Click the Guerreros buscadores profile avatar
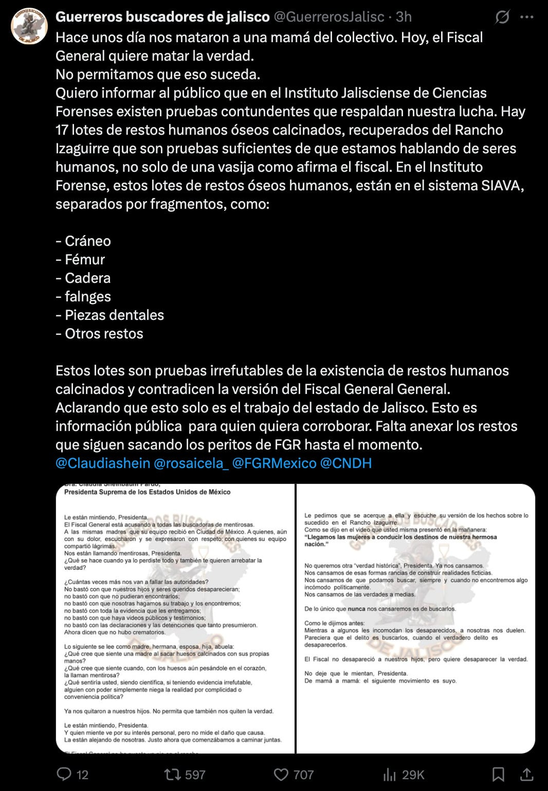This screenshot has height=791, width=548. pyautogui.click(x=29, y=26)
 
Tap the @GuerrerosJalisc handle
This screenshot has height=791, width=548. pyautogui.click(x=329, y=17)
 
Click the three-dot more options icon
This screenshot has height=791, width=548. pyautogui.click(x=527, y=17)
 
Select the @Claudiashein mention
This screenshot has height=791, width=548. pyautogui.click(x=103, y=463)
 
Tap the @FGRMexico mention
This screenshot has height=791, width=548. pyautogui.click(x=275, y=463)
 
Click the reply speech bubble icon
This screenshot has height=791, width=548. pyautogui.click(x=64, y=774)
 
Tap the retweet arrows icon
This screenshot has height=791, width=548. pyautogui.click(x=171, y=774)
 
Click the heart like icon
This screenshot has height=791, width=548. pyautogui.click(x=281, y=774)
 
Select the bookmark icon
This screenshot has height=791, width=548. pyautogui.click(x=498, y=774)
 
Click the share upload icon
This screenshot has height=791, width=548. pyautogui.click(x=527, y=774)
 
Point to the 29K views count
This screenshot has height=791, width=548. pyautogui.click(x=413, y=775)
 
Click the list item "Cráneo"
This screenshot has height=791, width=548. pyautogui.click(x=87, y=241)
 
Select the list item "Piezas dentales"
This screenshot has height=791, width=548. pyautogui.click(x=114, y=315)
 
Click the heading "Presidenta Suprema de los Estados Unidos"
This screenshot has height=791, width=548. pyautogui.click(x=147, y=492)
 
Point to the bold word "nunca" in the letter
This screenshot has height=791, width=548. pyautogui.click(x=356, y=609)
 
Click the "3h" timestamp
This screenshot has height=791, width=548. pyautogui.click(x=404, y=17)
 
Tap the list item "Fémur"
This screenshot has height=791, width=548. pyautogui.click(x=85, y=260)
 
